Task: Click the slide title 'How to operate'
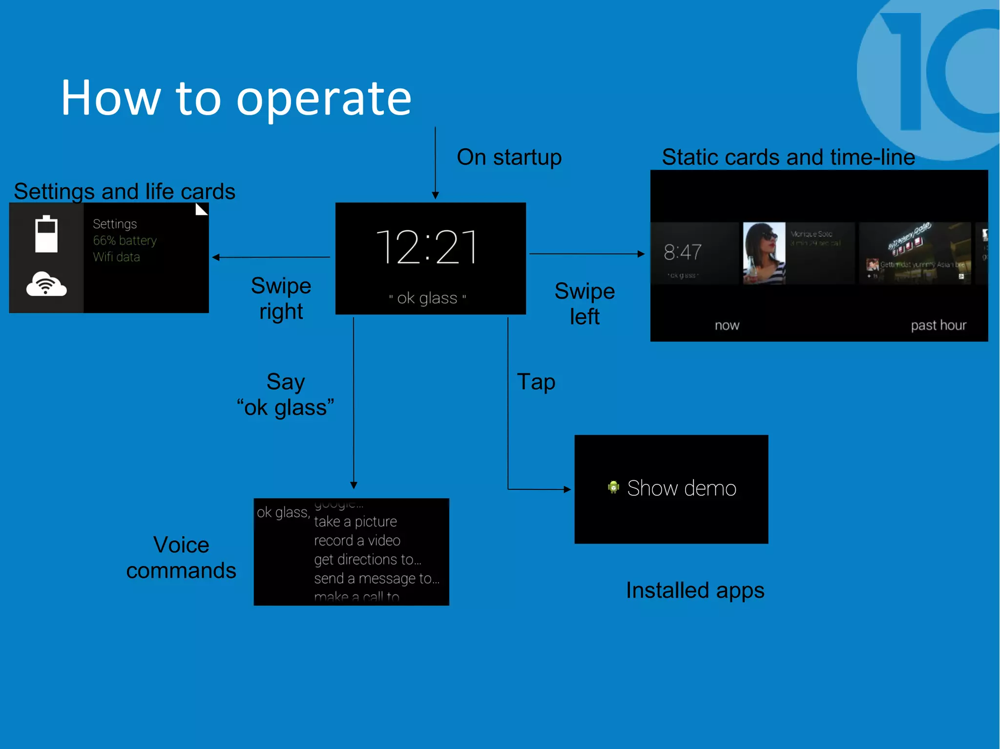tap(236, 98)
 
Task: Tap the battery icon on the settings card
tap(46, 234)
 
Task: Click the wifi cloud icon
tap(46, 284)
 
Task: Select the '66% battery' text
tap(125, 241)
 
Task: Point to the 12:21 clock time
tap(427, 247)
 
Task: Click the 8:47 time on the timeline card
tap(682, 252)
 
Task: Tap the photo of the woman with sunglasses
tap(764, 253)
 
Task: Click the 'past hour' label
tap(938, 325)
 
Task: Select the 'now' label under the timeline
tap(727, 325)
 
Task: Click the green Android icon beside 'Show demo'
tap(613, 487)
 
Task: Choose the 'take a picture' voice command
tap(355, 522)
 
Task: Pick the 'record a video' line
tap(357, 541)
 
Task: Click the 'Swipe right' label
tap(281, 298)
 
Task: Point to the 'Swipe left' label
tap(584, 304)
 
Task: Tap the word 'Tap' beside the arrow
tap(536, 382)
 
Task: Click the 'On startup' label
tap(509, 157)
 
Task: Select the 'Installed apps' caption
tap(695, 590)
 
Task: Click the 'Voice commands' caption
tap(181, 557)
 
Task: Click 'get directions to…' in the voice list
tap(367, 560)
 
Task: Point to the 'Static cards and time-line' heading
tap(788, 157)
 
